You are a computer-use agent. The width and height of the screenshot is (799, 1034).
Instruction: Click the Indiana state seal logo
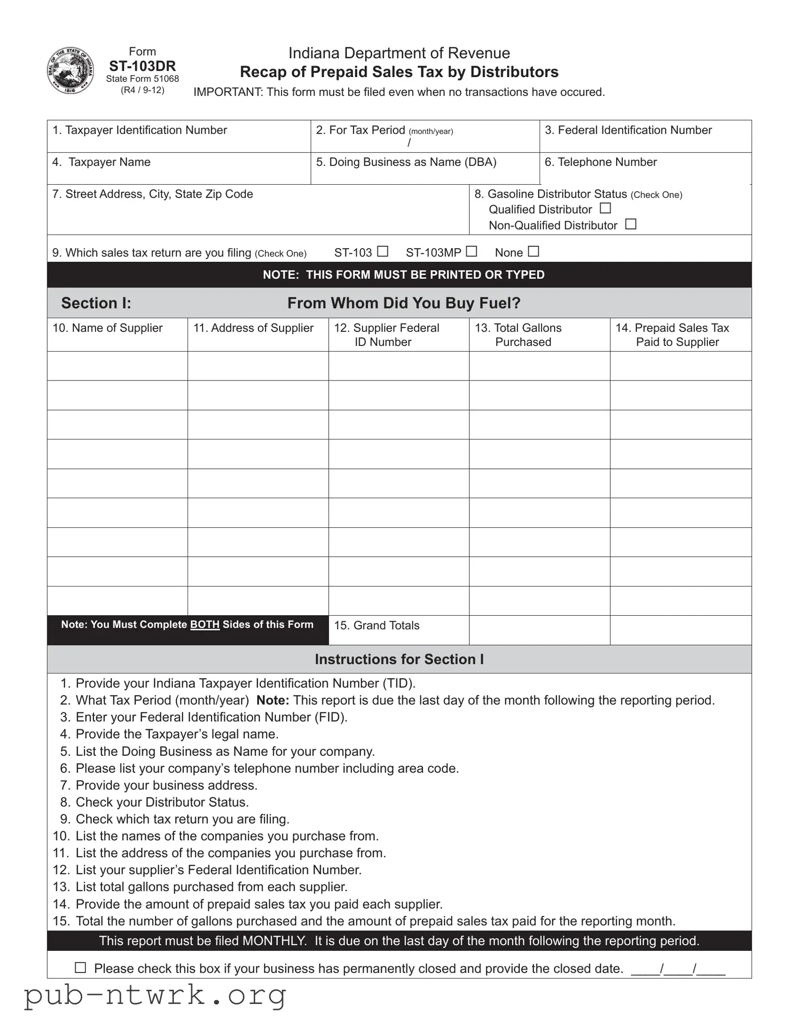point(70,70)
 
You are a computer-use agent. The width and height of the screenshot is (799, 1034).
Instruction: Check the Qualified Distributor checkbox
point(605,208)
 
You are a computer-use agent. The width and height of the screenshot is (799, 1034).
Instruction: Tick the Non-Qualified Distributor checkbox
point(630,224)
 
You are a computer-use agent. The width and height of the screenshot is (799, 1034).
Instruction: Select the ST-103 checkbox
point(382,251)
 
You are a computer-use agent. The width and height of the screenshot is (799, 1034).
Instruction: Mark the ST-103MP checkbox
point(471,251)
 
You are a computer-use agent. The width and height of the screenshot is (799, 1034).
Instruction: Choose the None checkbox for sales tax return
point(533,251)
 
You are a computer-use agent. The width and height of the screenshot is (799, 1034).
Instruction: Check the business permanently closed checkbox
point(80,968)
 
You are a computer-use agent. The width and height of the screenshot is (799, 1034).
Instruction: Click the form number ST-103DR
point(143,66)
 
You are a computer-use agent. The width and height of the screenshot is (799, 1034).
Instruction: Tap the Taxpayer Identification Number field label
point(140,130)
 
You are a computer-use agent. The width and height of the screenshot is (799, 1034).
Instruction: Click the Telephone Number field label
point(600,162)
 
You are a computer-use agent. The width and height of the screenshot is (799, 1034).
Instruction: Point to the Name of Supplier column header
point(107,328)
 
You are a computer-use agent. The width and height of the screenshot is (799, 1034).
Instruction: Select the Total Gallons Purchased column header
point(518,335)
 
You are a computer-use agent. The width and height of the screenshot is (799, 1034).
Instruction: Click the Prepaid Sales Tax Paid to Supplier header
point(672,335)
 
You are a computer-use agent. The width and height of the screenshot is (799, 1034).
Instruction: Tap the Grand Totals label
point(377,625)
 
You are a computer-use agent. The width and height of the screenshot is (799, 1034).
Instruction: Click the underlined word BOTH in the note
point(205,624)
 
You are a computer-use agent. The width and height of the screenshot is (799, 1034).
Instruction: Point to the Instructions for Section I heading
point(399,659)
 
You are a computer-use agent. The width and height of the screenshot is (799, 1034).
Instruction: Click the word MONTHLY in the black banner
point(274,941)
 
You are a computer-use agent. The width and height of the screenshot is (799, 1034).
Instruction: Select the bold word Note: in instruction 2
point(273,700)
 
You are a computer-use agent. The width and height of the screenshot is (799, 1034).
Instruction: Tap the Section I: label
point(96,303)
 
